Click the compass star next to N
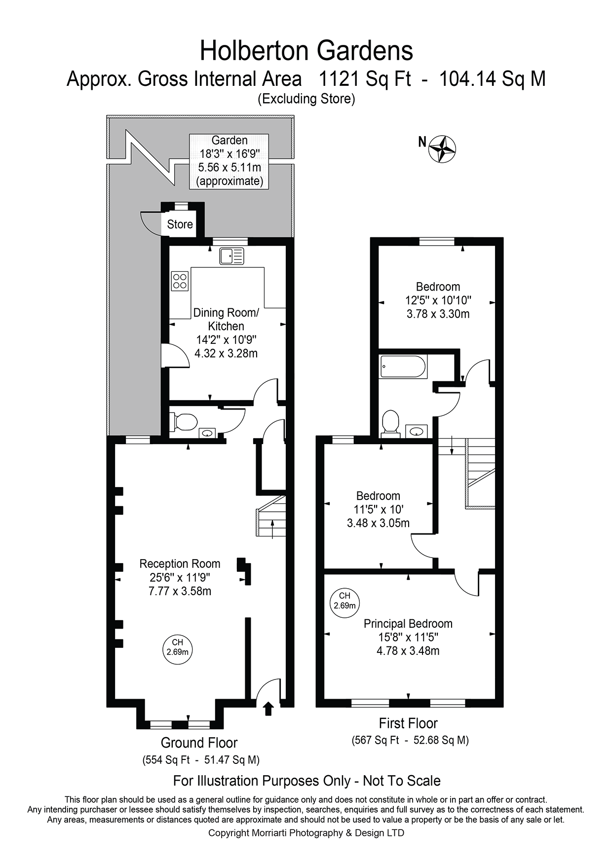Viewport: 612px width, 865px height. tap(442, 149)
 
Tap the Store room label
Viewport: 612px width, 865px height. tap(180, 225)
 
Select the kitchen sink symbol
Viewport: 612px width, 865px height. tap(231, 256)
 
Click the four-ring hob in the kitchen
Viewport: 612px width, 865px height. tap(180, 281)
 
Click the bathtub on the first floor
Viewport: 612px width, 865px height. tap(403, 367)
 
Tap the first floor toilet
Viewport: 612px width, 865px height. tap(390, 423)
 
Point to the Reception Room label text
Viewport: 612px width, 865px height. tap(180, 564)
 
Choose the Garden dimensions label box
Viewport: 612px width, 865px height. tap(229, 161)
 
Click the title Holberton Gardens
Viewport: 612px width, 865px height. tap(306, 51)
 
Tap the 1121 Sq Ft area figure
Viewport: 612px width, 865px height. tap(365, 79)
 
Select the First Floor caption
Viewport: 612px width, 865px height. tap(408, 723)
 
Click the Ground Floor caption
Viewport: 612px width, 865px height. tap(199, 743)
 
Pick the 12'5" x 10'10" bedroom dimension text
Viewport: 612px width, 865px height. tap(438, 300)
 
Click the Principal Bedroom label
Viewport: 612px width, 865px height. tap(408, 624)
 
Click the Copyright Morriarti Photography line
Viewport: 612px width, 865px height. tap(306, 833)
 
